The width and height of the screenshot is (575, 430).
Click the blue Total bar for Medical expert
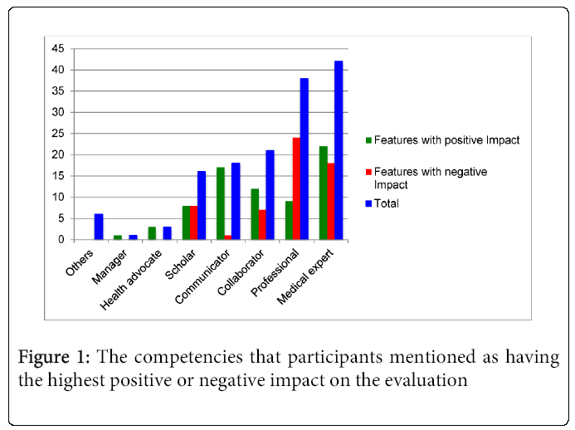tap(339, 150)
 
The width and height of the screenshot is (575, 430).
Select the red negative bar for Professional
tap(296, 188)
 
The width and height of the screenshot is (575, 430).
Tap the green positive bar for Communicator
tap(220, 203)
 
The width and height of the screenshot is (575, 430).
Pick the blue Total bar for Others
tap(99, 227)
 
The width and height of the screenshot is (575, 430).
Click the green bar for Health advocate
tap(152, 233)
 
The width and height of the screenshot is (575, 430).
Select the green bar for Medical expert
tap(324, 193)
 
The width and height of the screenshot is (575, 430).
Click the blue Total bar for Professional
tap(305, 159)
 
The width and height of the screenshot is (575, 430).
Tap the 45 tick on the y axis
tap(57, 49)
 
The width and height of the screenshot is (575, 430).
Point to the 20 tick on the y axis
tap(57, 154)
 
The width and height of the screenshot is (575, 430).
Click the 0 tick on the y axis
tap(61, 239)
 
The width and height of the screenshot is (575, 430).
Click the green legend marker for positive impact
tap(368, 140)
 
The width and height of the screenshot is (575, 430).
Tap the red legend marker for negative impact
tap(368, 172)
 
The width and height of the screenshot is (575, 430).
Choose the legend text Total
tap(387, 203)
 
